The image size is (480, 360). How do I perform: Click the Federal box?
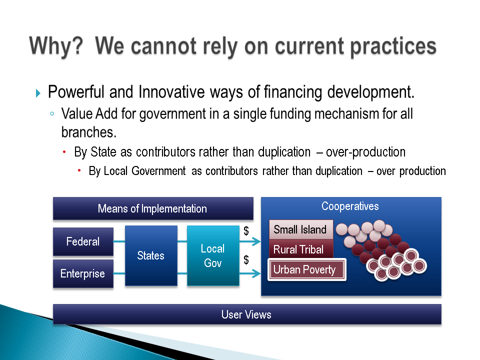(83, 241)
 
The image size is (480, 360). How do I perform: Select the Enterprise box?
(83, 273)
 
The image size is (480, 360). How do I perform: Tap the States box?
(151, 255)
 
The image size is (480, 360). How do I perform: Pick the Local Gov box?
(213, 255)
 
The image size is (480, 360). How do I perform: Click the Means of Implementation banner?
(153, 208)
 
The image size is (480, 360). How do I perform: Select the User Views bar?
(247, 314)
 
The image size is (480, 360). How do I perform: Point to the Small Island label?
(301, 229)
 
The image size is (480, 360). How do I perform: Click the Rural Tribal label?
(301, 249)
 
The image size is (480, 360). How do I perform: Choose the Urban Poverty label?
(306, 269)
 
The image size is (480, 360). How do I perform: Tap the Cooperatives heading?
(350, 206)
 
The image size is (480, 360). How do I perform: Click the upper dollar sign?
(246, 230)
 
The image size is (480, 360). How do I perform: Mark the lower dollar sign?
(246, 259)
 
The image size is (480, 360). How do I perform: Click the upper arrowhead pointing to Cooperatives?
(256, 241)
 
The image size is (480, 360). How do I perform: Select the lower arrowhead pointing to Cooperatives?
(256, 273)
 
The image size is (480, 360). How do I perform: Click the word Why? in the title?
(56, 46)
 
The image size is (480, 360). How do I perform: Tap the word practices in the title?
(393, 46)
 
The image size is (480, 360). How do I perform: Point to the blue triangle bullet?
(38, 93)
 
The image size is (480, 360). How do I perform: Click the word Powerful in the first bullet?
(76, 92)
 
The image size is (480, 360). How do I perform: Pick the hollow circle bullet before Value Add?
(52, 114)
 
